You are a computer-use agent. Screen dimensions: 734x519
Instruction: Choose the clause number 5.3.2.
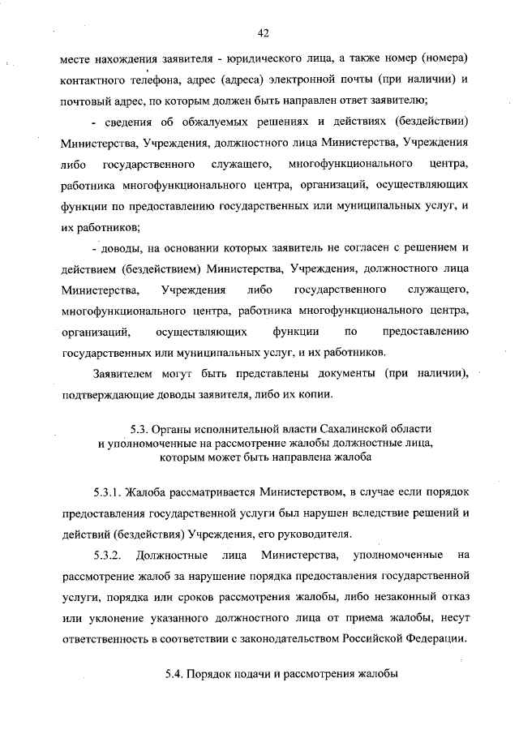107,555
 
